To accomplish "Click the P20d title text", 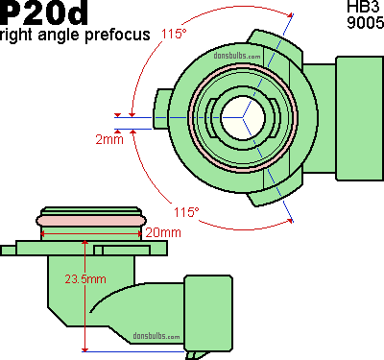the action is tap(44, 12).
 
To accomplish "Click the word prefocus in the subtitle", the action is tap(117, 35).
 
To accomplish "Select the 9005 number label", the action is tap(366, 22).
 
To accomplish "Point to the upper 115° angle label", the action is tap(174, 34).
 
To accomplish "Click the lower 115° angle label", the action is tap(186, 212).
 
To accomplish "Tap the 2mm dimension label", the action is tap(109, 139).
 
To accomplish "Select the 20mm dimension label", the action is tap(163, 232).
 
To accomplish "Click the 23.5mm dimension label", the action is tap(85, 279).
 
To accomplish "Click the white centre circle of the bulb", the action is tap(243, 118).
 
